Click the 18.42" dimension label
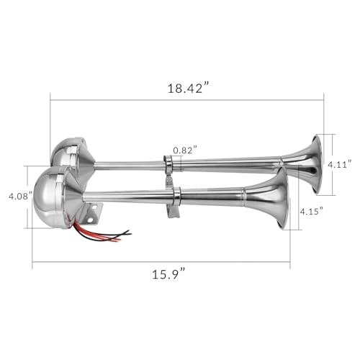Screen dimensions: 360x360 point(188,88)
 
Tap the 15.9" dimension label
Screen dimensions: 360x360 point(169,274)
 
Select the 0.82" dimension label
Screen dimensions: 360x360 point(185,150)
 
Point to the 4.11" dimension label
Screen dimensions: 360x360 point(340,165)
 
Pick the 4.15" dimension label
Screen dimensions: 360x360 point(312,211)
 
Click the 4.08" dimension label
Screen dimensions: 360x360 point(20,197)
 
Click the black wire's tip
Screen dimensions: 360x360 point(129,233)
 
